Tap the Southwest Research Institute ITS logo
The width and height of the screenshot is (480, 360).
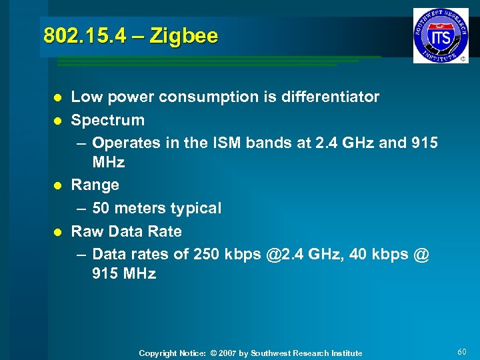[x=441, y=35]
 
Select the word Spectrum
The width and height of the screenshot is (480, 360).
[x=108, y=121]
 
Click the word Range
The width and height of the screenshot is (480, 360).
[x=95, y=185]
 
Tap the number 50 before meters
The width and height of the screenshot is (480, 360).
[x=101, y=208]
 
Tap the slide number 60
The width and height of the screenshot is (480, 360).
[x=463, y=351]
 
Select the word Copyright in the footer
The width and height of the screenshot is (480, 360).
[x=159, y=353]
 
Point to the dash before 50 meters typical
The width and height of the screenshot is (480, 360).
[x=81, y=209]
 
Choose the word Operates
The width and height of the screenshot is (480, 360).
[x=127, y=143]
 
